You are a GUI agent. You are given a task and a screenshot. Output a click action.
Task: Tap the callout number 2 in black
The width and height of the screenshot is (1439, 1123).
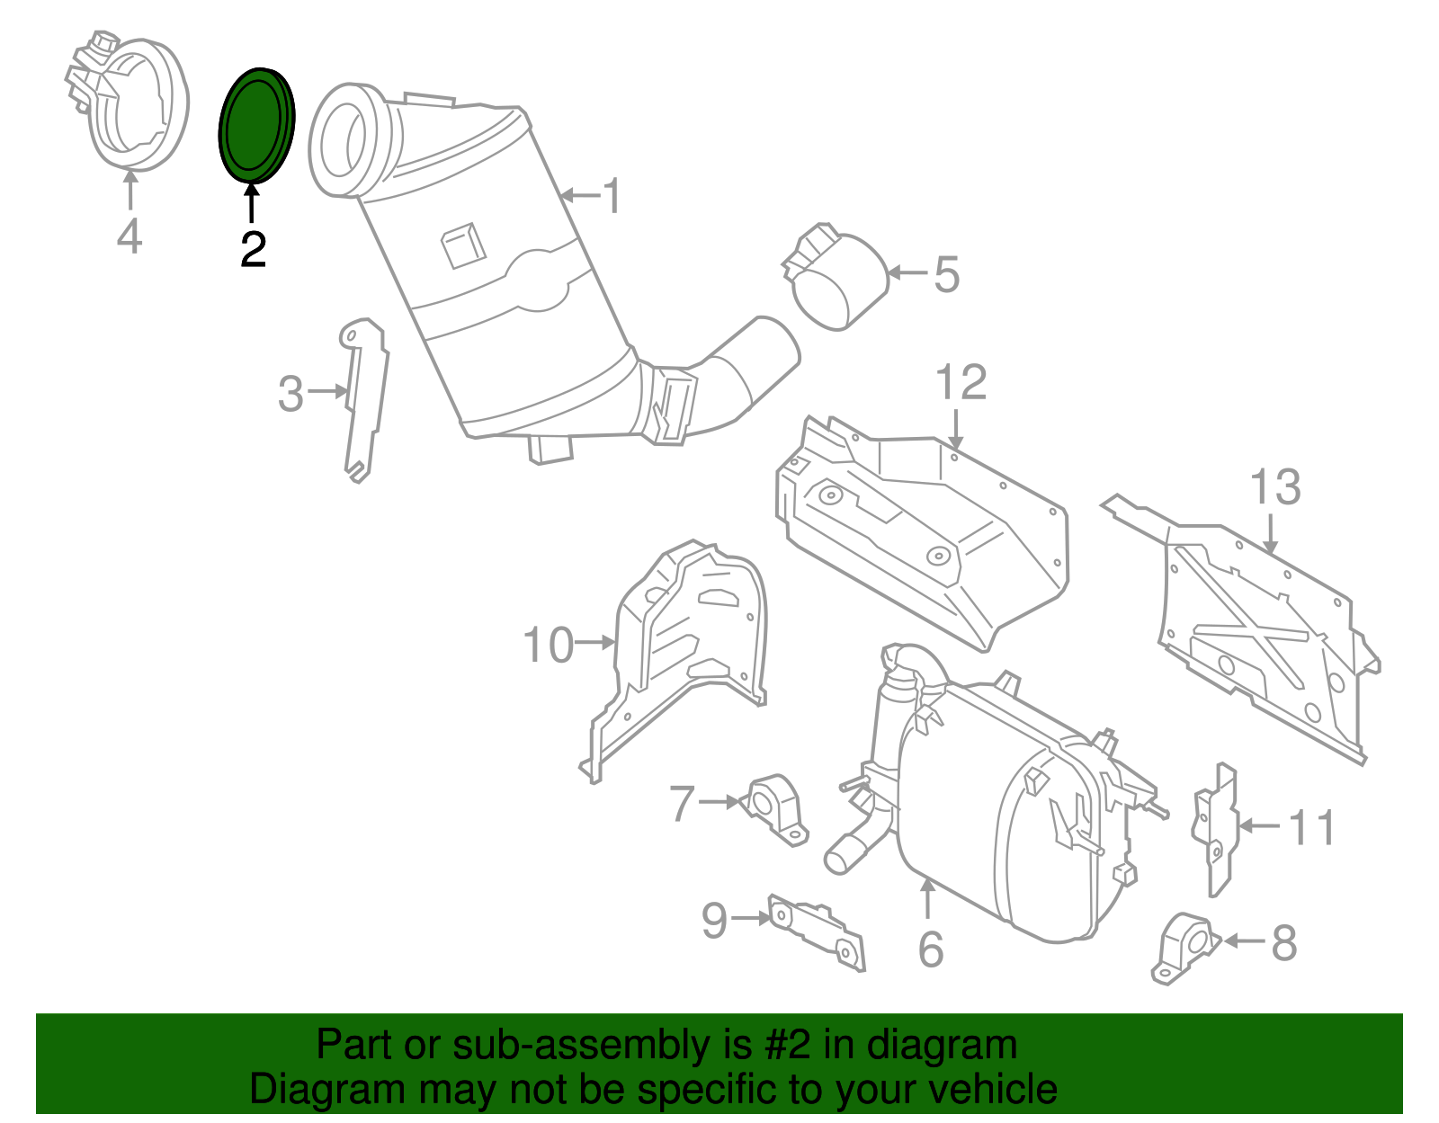253,249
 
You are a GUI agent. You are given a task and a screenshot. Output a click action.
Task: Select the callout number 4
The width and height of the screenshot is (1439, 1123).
130,236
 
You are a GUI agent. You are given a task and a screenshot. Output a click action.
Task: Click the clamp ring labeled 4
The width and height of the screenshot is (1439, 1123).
130,99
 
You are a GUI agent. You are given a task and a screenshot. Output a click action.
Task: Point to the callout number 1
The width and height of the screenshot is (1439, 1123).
612,195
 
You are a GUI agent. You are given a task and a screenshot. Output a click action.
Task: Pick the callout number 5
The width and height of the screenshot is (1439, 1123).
946,274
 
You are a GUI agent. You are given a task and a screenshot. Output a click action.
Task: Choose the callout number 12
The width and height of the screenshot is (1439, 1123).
961,382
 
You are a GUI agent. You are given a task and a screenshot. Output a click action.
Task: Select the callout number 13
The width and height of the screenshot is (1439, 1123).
1275,487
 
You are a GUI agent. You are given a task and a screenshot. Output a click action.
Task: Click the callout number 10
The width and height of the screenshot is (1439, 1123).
549,646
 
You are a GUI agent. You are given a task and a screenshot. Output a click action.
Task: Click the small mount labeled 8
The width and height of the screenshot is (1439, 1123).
1185,949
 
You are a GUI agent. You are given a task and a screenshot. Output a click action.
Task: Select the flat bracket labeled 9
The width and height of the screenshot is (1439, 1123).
816,933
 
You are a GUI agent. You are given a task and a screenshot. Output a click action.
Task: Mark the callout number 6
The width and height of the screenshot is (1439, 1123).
931,949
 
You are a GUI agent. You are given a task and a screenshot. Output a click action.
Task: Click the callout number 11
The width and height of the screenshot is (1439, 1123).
1310,827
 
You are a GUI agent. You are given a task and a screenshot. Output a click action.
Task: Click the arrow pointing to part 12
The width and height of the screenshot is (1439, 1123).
955,429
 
